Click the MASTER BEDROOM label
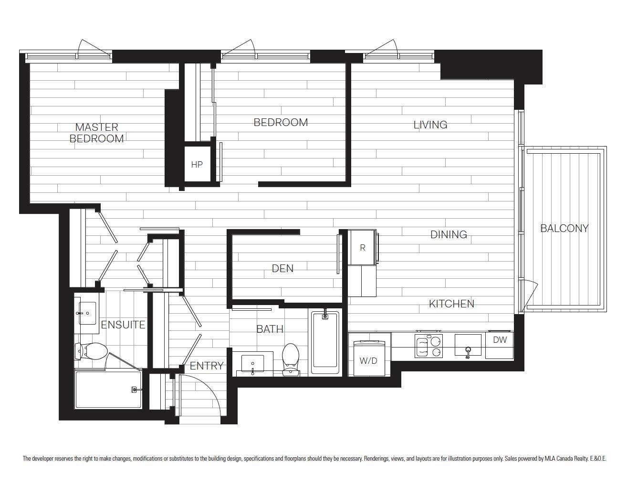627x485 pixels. tap(97, 133)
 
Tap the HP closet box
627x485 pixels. tap(198, 164)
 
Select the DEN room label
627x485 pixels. tap(282, 269)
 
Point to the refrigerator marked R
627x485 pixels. tap(362, 247)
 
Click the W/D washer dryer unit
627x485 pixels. tap(369, 358)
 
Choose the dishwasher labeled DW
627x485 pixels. tap(500, 345)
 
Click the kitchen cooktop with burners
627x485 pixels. tap(428, 346)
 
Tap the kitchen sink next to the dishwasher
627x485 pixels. tap(468, 345)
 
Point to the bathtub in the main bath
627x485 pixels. tap(325, 342)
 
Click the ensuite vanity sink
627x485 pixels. tap(87, 313)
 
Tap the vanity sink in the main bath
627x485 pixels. tap(253, 364)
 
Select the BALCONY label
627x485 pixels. tap(564, 229)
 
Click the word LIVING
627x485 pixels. tap(430, 125)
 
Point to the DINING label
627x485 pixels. tap(449, 234)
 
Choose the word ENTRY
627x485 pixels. tap(207, 366)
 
